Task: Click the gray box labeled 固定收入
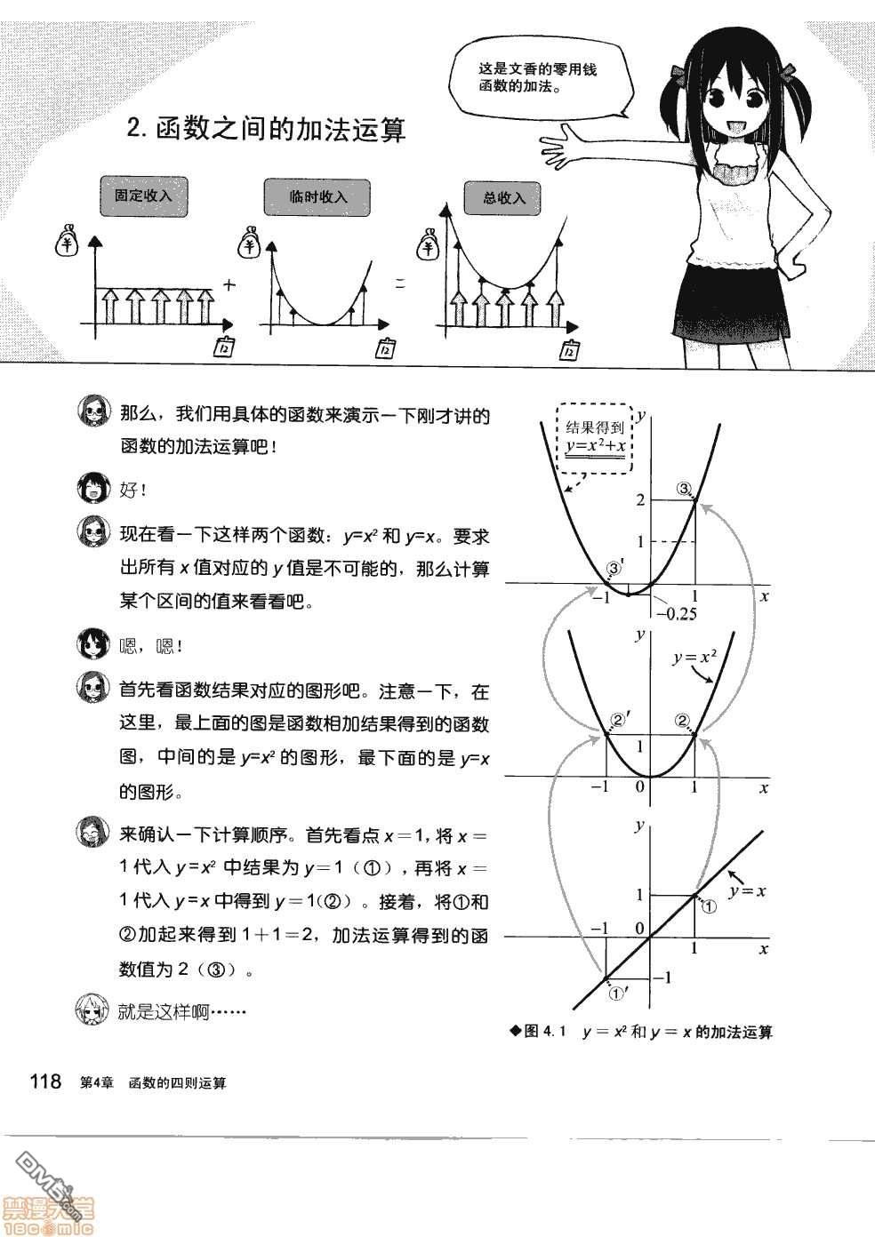tap(144, 196)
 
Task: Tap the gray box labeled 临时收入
tap(317, 197)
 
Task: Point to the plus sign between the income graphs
tap(229, 285)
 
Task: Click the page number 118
tap(46, 1081)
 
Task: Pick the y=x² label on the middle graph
tap(694, 657)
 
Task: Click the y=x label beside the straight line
tap(747, 890)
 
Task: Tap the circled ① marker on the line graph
tap(709, 906)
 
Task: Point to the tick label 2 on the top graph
tap(640, 500)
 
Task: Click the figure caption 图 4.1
tap(540, 1031)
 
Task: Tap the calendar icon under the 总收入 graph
tap(569, 350)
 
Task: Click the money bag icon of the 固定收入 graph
tap(68, 243)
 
